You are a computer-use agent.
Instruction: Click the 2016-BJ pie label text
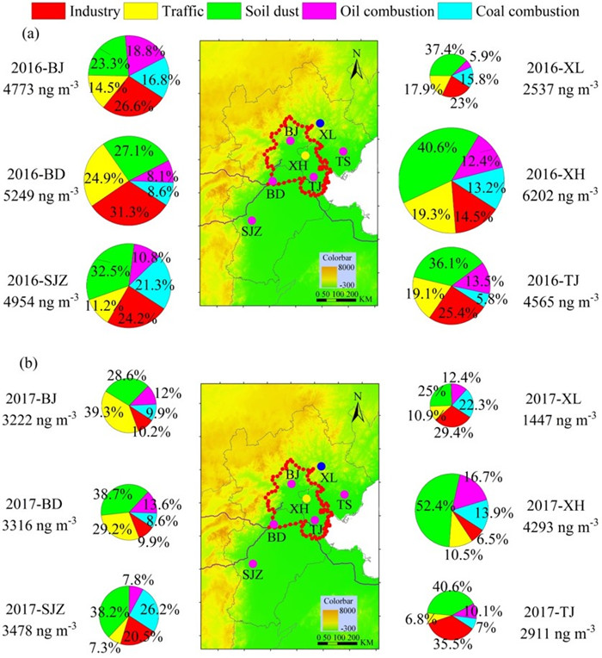[x=41, y=67]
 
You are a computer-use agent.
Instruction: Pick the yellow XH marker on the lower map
[x=306, y=500]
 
